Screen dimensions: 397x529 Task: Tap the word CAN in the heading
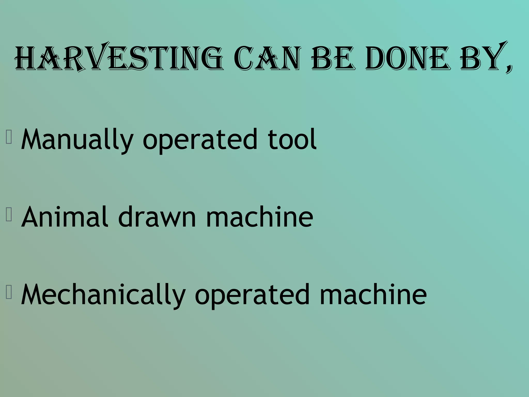(x=268, y=58)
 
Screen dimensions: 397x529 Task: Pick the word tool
(x=292, y=140)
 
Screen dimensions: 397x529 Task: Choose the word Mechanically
(x=103, y=295)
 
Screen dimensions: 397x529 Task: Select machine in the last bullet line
(x=373, y=295)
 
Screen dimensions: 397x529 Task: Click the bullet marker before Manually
(x=9, y=137)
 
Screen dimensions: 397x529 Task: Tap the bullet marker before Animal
(x=9, y=215)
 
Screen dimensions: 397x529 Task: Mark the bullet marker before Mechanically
(x=9, y=292)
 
